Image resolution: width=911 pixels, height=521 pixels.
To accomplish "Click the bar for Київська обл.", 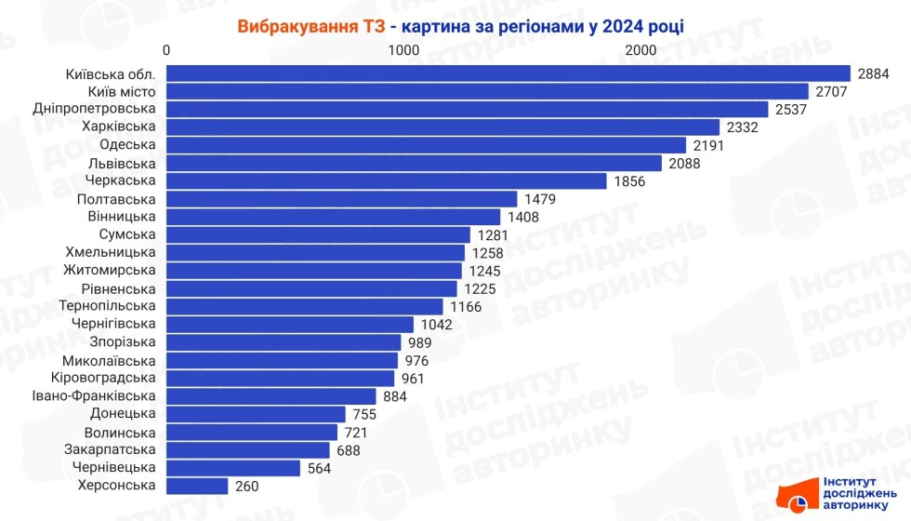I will pyautogui.click(x=508, y=73).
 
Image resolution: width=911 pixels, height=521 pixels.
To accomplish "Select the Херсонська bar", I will pyautogui.click(x=197, y=486).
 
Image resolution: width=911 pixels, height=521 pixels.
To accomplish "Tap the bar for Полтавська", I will pyautogui.click(x=341, y=199).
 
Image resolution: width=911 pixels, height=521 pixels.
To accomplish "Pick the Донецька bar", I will pyautogui.click(x=256, y=414).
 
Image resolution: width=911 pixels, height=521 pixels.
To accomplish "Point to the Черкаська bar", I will pyautogui.click(x=386, y=180).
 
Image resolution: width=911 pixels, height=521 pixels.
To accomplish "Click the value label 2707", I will pyautogui.click(x=833, y=91).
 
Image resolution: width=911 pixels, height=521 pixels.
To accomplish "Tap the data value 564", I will pyautogui.click(x=323, y=468).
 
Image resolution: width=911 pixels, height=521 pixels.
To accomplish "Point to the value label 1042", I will pyautogui.click(x=436, y=325).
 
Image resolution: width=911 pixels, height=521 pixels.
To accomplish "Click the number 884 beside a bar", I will pyautogui.click(x=395, y=396).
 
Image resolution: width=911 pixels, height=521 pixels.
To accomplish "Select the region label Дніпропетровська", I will pyautogui.click(x=94, y=109).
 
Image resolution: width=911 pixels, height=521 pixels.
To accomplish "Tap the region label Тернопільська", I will pyautogui.click(x=107, y=306).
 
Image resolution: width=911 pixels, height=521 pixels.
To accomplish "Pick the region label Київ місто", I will pyautogui.click(x=121, y=91).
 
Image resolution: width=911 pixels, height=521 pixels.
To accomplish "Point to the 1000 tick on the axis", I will pyautogui.click(x=403, y=49).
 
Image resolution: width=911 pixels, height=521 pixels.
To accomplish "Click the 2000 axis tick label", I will pyautogui.click(x=640, y=49).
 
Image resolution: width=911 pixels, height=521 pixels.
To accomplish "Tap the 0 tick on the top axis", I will pyautogui.click(x=166, y=49).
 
